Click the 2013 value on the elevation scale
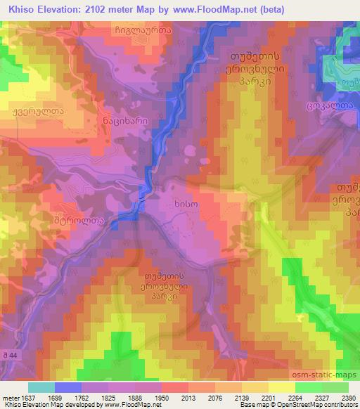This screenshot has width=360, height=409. point(176,398)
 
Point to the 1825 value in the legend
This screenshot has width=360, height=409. point(108,398)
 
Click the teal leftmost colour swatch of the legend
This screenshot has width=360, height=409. point(41,387)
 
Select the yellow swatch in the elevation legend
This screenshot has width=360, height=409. point(282,387)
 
